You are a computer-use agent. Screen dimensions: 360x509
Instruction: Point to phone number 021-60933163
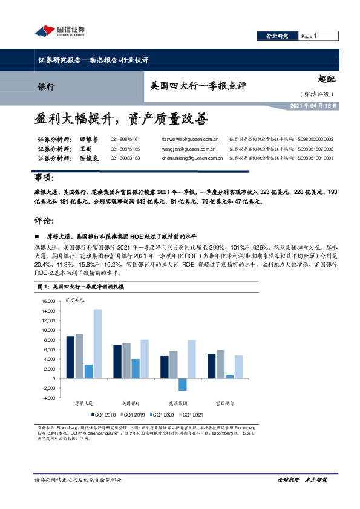[x=125, y=158]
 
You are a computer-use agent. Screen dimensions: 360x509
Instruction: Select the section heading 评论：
[x=44, y=220]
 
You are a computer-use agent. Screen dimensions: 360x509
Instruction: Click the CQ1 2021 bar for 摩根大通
[x=97, y=343]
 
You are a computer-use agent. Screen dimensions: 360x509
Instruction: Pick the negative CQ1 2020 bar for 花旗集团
[x=183, y=384]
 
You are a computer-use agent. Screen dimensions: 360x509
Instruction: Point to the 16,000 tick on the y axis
[x=45, y=301]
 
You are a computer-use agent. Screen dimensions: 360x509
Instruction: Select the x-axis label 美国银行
[x=131, y=402]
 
